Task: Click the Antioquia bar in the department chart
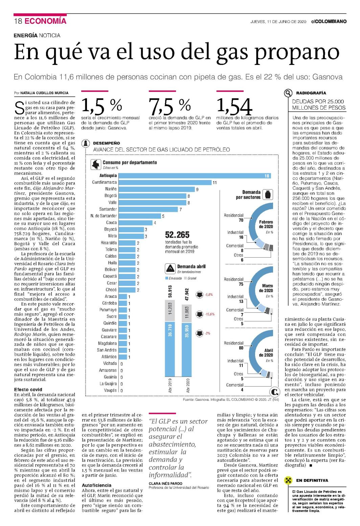(x=195, y=176)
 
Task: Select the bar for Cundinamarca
(x=165, y=182)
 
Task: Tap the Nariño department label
(x=111, y=189)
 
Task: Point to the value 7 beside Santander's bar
(x=181, y=210)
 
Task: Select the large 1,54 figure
(x=234, y=106)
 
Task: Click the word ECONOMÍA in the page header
(x=45, y=21)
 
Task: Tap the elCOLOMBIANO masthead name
(x=329, y=21)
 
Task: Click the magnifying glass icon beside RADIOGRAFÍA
(x=288, y=93)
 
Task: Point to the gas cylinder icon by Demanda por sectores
(x=268, y=195)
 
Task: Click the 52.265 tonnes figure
(x=177, y=235)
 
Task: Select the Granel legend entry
(x=190, y=278)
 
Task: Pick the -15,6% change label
(x=209, y=314)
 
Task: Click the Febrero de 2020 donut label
(x=266, y=224)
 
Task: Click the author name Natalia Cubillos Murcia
(x=44, y=93)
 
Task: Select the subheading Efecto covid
(x=28, y=390)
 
